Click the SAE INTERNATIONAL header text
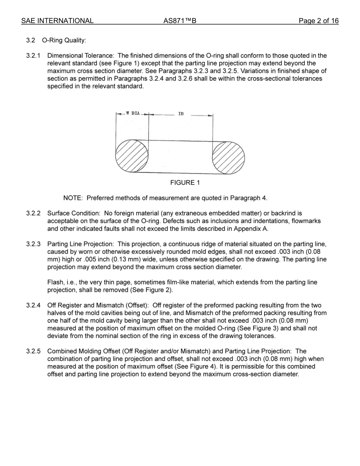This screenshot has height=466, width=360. (57, 21)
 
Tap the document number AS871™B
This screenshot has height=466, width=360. (180, 21)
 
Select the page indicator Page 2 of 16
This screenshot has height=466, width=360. (318, 21)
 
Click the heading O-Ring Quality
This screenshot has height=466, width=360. (67, 41)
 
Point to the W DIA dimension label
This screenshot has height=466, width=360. (133, 113)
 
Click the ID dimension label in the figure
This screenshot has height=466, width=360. (181, 114)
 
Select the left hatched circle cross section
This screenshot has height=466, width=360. (131, 156)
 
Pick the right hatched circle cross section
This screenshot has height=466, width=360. (229, 158)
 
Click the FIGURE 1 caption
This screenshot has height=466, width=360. (185, 183)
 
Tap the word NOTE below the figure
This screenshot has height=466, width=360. (73, 198)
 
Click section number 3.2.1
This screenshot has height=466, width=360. (33, 56)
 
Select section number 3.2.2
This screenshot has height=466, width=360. (33, 214)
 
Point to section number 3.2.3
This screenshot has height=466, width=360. (33, 244)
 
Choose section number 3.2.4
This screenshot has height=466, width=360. (33, 305)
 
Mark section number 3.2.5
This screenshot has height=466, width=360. (33, 351)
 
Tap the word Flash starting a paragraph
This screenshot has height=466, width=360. (55, 283)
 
